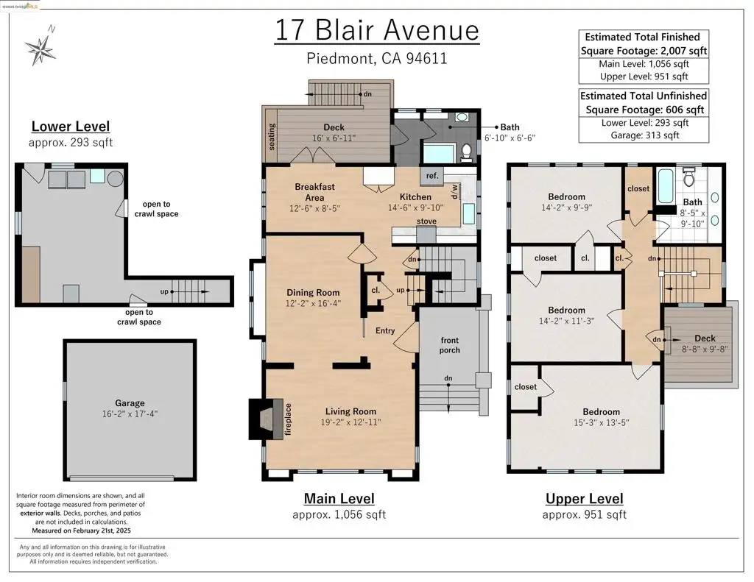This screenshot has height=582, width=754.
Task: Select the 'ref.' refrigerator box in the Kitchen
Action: pos(431,176)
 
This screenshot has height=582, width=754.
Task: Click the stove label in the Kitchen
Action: pos(426,221)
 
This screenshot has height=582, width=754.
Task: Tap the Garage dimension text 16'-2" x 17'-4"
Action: pos(130,414)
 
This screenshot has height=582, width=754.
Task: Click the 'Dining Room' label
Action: pos(313,292)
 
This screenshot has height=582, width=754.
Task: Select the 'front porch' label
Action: pos(450,345)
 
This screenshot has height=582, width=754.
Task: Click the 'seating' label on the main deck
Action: pos(272,137)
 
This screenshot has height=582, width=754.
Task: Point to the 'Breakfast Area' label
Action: pos(314,192)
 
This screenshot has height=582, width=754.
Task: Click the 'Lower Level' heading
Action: pos(71,127)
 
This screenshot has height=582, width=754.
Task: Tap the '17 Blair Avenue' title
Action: pos(377,29)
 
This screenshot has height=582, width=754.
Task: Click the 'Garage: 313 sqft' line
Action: pos(645,135)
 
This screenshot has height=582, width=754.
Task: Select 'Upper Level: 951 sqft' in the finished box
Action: pos(644,76)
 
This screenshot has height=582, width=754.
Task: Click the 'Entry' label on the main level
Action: pos(385,330)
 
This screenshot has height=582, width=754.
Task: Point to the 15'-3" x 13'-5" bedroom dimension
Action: pos(601,422)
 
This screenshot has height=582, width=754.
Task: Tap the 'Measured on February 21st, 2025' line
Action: pos(81,530)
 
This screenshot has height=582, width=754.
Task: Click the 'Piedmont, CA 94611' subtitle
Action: pos(377,59)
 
